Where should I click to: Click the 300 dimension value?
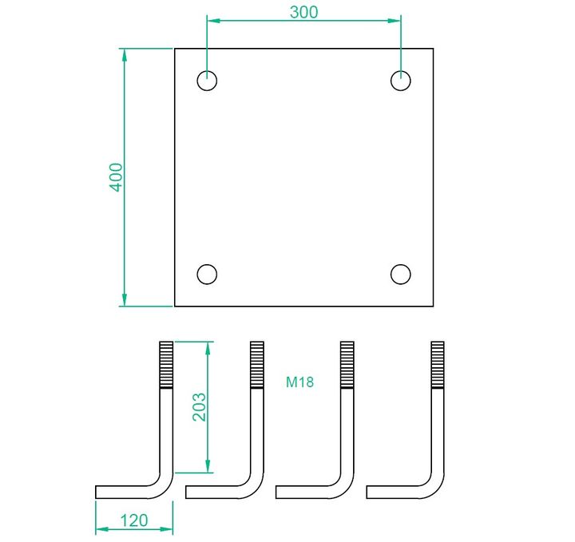point(303,12)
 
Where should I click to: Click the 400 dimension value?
point(117,177)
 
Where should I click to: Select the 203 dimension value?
point(200,407)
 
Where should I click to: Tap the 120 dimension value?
point(134,520)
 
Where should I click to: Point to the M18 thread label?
point(300,382)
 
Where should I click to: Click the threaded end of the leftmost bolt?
point(166,365)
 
